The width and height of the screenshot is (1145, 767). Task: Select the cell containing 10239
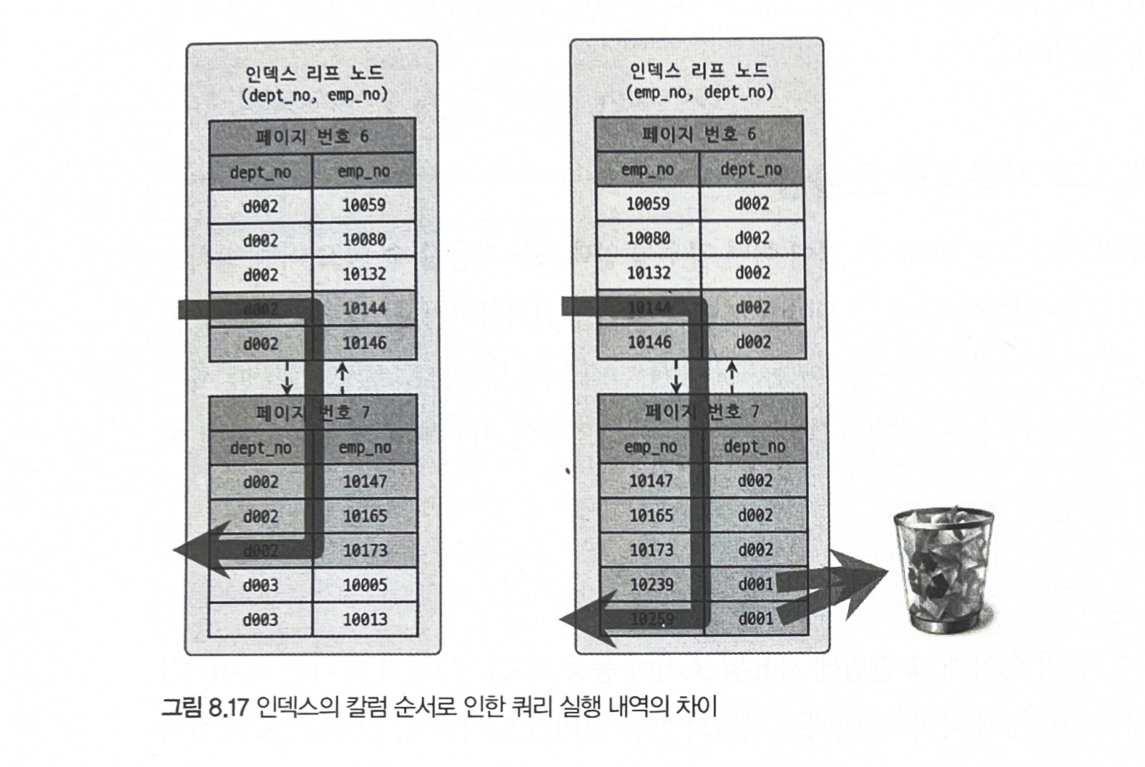click(652, 585)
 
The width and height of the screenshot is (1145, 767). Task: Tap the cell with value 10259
click(652, 619)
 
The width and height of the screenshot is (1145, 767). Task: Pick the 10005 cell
click(365, 585)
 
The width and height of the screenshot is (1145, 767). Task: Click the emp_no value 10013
click(365, 619)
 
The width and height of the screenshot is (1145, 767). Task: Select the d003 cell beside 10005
click(260, 585)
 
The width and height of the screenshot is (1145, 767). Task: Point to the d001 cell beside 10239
click(755, 585)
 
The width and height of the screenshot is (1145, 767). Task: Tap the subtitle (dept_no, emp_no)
click(315, 95)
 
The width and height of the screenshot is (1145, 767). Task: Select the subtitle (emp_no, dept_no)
click(699, 92)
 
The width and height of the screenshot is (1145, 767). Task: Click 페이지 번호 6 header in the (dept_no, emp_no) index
click(312, 137)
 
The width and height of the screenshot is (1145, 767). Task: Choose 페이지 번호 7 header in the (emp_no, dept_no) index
click(702, 412)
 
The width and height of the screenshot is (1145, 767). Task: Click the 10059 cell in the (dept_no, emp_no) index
click(364, 205)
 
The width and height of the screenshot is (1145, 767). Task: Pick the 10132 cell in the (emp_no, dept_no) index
click(649, 272)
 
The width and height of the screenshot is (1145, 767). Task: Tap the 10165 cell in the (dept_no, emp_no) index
click(365, 515)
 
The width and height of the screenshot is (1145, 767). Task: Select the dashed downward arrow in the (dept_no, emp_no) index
click(287, 377)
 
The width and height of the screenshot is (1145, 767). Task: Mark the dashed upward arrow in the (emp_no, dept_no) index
click(732, 376)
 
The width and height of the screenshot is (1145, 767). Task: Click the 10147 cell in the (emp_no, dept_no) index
click(651, 480)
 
